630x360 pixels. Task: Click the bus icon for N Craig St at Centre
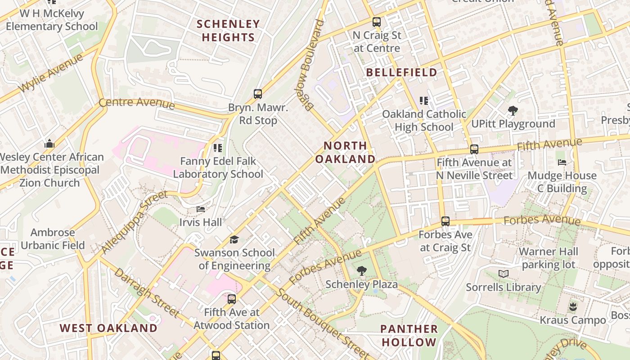[x=377, y=22]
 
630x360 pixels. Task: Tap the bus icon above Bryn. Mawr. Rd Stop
[x=258, y=94]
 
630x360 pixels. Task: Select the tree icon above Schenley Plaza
[x=361, y=271]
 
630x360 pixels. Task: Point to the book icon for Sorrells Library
[x=503, y=274]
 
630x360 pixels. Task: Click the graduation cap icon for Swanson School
[x=234, y=239]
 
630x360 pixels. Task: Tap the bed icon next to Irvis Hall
[x=201, y=209]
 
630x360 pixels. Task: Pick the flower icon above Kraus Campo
[x=573, y=307]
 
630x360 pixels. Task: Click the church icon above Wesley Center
[x=49, y=144]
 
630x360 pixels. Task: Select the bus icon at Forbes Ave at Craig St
[x=445, y=221]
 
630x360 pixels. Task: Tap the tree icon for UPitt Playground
[x=513, y=110]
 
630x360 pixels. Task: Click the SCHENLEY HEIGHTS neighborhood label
[x=228, y=31]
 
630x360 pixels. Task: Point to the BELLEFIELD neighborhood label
[x=401, y=72]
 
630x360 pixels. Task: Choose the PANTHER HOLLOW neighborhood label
[x=409, y=335]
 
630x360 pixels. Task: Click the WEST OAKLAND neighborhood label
[x=108, y=328]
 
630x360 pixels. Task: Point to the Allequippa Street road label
[x=134, y=222]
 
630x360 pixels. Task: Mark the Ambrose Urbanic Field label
[x=53, y=239]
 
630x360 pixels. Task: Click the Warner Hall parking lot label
[x=549, y=258]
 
